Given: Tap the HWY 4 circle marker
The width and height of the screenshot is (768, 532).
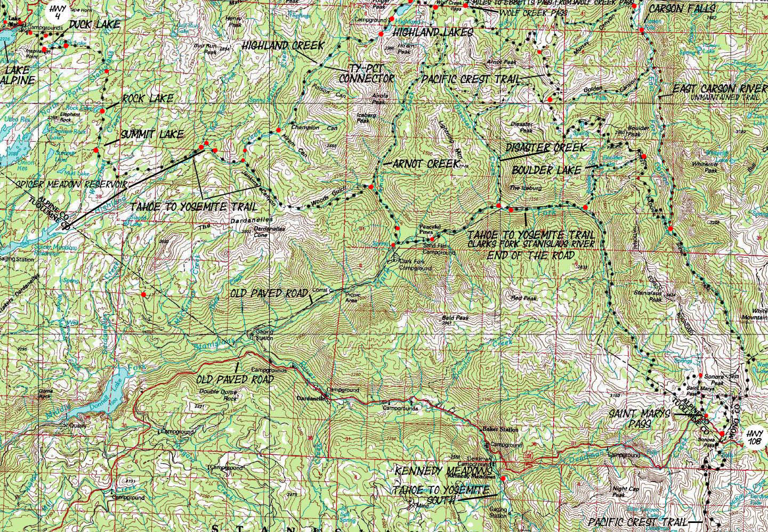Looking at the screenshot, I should [56, 10].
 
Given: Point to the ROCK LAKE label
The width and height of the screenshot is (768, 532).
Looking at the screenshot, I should [147, 99].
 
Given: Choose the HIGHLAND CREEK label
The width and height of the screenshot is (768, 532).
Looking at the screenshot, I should [282, 46].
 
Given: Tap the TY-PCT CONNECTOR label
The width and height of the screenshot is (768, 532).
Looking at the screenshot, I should [366, 73].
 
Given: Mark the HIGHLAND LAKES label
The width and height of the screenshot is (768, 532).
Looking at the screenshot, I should [432, 33].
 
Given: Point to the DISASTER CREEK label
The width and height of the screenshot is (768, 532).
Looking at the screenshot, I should [545, 148].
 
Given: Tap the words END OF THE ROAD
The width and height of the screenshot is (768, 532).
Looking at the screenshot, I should [531, 255].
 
